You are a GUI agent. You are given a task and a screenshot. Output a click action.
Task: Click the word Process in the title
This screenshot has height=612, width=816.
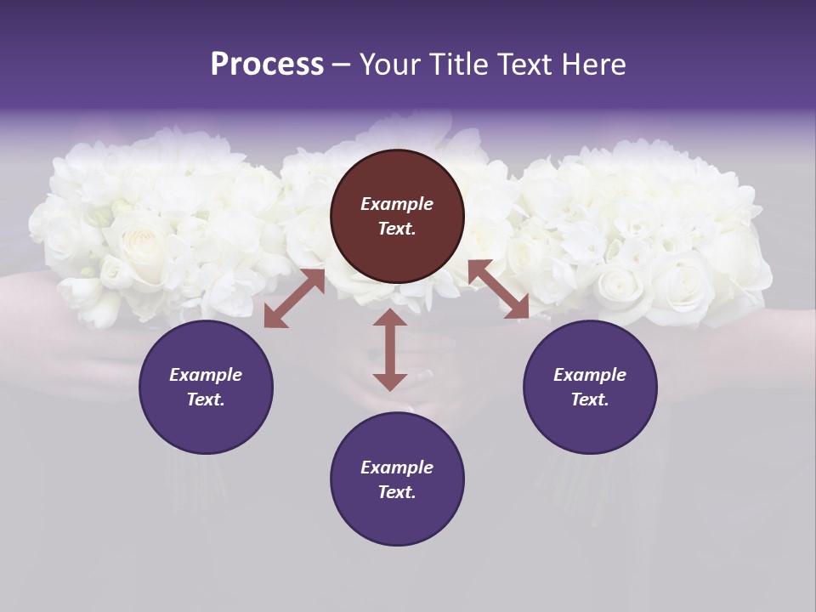point(267,65)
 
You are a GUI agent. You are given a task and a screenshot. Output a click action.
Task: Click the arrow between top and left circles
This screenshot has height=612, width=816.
point(294,298)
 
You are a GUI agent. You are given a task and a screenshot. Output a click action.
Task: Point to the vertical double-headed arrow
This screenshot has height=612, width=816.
point(390,349)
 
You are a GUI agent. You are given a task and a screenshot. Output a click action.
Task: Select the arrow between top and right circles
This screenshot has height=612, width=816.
point(498,289)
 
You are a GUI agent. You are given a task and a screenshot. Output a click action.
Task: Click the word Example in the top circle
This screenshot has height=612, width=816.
point(397,204)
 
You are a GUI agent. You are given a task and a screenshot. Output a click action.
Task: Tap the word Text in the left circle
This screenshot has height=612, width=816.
point(206,399)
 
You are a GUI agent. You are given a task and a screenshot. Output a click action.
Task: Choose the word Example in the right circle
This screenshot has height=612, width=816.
point(590,375)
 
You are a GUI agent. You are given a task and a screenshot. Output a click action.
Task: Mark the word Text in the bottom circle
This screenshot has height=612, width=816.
point(397,492)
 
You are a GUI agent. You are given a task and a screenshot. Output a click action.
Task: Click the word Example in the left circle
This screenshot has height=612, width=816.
point(206,375)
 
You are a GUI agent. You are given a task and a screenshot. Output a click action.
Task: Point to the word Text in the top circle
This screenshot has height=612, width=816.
point(397,229)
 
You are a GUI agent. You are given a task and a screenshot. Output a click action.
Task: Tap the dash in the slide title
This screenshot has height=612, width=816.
point(342,65)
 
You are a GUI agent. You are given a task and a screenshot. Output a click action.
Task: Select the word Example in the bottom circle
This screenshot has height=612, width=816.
point(397,467)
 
